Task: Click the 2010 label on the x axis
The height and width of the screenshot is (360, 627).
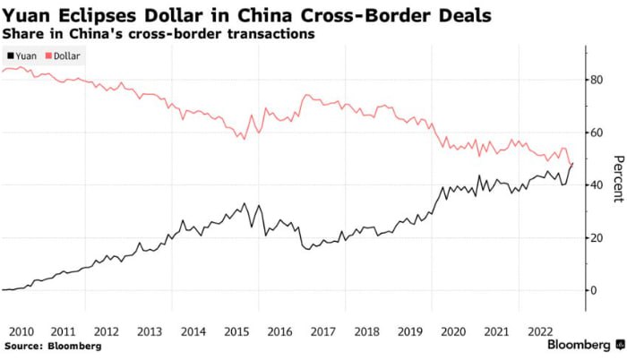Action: pos(21,330)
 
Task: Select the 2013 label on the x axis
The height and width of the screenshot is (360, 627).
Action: pos(150,330)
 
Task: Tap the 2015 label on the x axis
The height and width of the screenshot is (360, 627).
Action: pos(236,330)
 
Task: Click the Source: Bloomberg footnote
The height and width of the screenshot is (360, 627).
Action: pos(53,346)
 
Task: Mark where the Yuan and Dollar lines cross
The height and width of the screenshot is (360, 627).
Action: pos(571,164)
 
